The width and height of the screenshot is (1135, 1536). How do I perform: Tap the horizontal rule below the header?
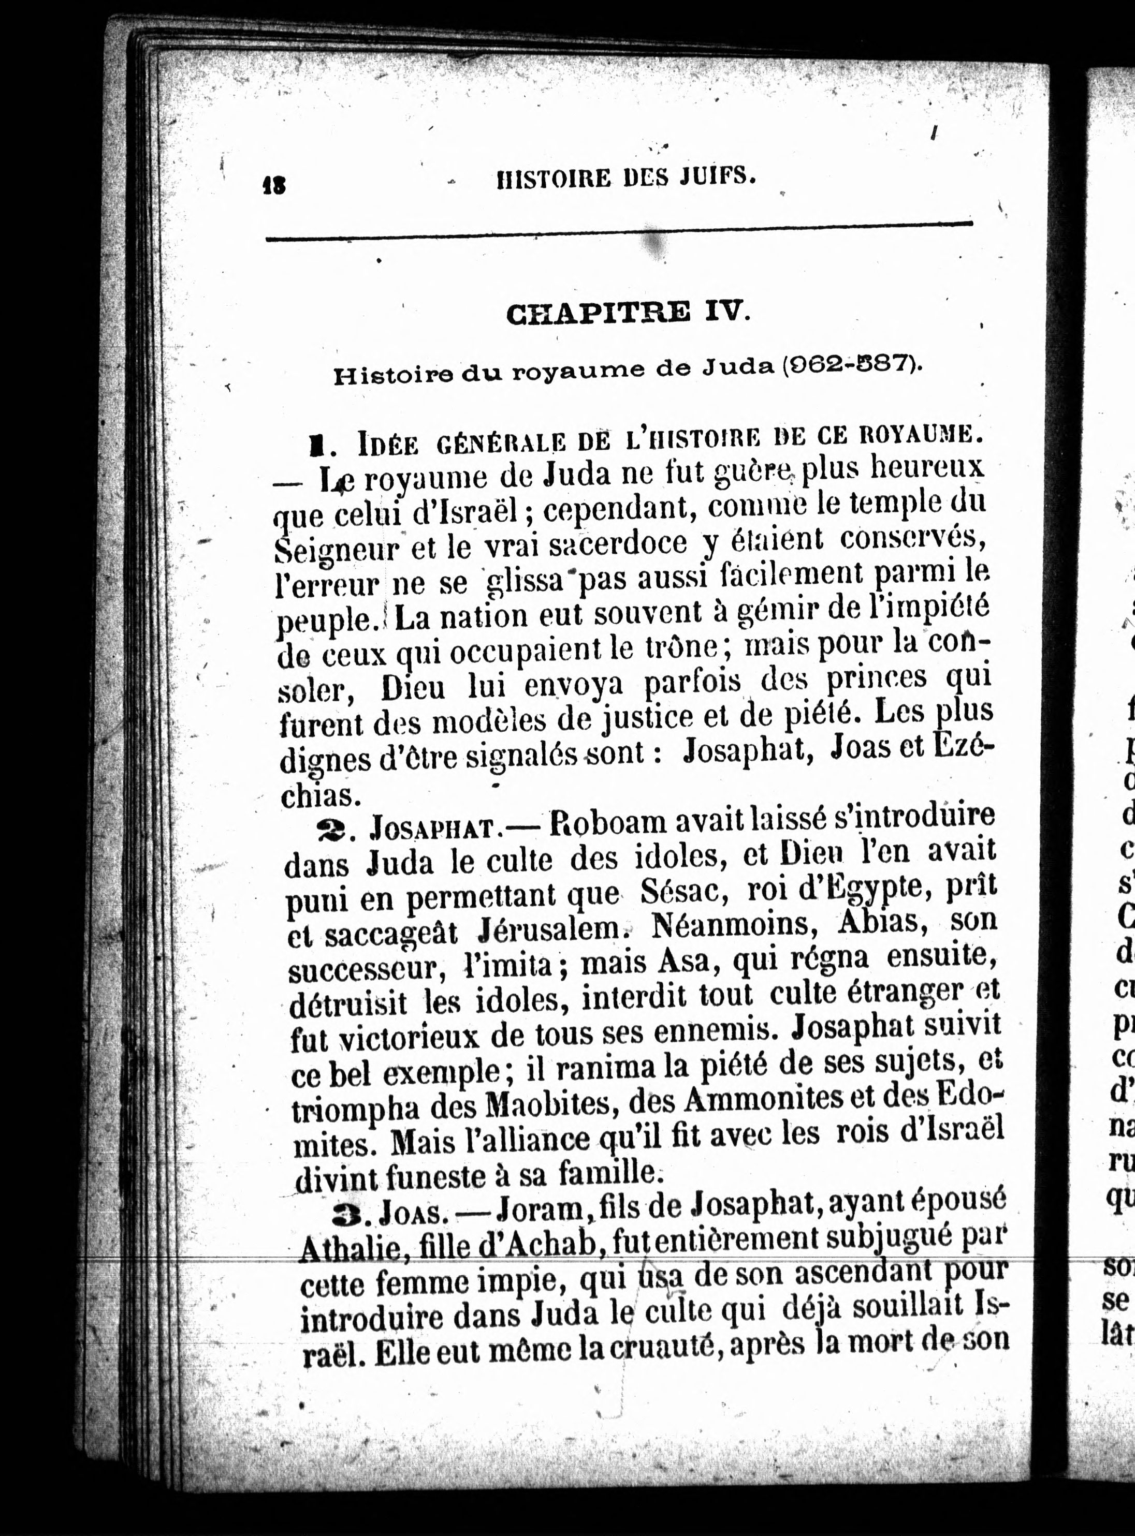618,231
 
